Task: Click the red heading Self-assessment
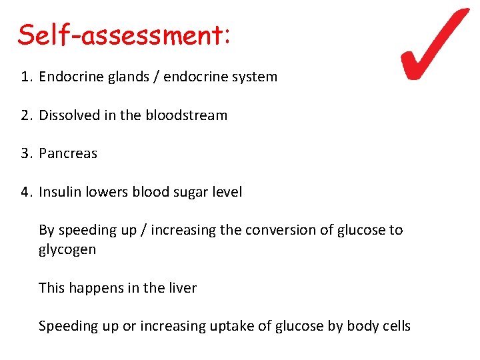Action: click(124, 35)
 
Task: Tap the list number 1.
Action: click(25, 77)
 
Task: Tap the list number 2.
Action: click(25, 115)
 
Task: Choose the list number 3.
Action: click(25, 153)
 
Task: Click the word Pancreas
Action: click(68, 153)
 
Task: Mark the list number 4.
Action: click(25, 192)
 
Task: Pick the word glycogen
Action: click(67, 250)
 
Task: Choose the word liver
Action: click(183, 288)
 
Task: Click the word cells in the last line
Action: click(397, 326)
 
